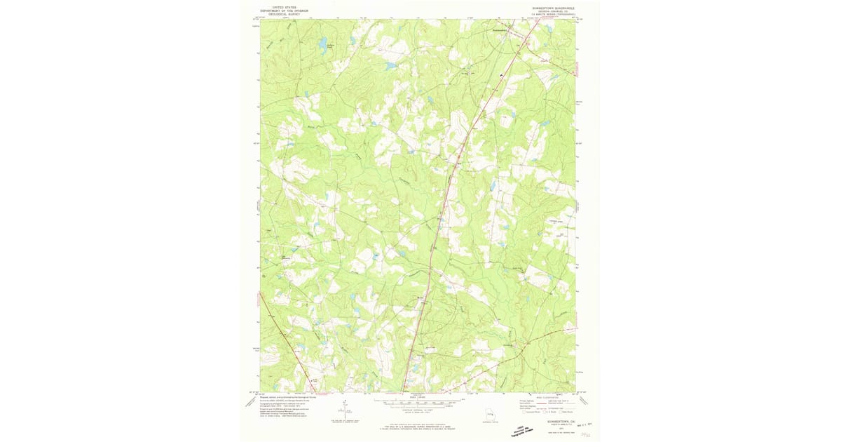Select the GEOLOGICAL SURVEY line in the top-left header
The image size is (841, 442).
tap(284, 13)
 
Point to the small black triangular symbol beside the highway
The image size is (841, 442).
tap(501, 76)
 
